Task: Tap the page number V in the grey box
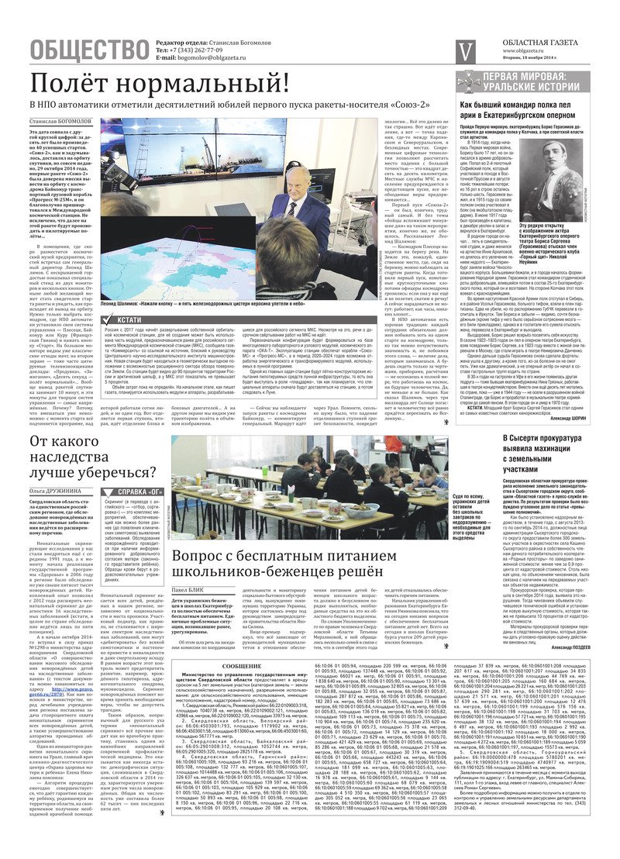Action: tap(465, 50)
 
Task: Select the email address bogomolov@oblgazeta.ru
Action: tap(204, 57)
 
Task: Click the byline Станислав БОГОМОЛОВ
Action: tap(60, 122)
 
